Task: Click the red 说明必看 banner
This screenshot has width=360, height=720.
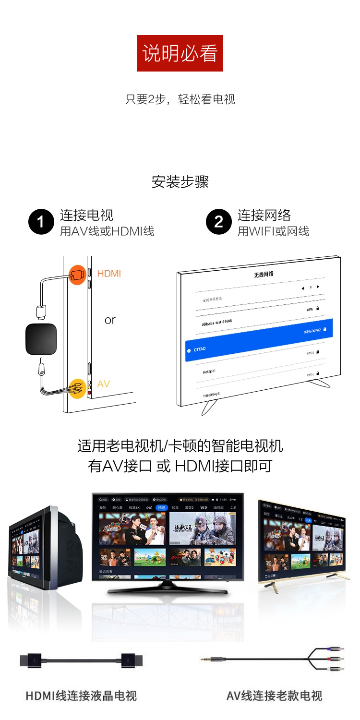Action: [180, 53]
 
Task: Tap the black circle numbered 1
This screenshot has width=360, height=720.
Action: [41, 222]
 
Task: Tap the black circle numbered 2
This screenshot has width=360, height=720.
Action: [219, 222]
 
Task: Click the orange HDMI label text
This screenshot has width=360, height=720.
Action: [109, 274]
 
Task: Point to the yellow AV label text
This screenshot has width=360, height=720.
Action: [104, 384]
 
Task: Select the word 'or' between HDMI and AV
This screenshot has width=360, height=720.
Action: [110, 320]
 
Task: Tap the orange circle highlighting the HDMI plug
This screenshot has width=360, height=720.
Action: [77, 275]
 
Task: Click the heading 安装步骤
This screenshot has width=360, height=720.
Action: [180, 182]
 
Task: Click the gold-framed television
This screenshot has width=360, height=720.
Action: [302, 542]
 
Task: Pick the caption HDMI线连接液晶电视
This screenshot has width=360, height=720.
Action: [81, 696]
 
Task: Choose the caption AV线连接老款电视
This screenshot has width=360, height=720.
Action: [274, 696]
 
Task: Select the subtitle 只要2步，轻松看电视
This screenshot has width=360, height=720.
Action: [180, 99]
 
